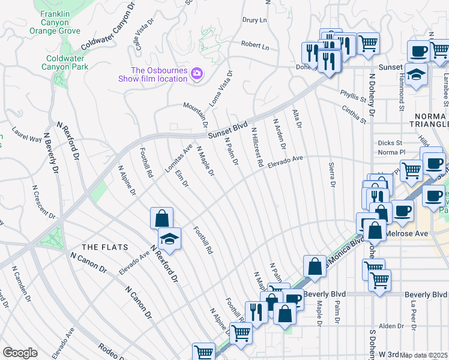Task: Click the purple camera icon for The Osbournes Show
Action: click(196, 74)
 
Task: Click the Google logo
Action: click(20, 353)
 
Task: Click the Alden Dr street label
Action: click(391, 326)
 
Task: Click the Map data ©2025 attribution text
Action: click(424, 355)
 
